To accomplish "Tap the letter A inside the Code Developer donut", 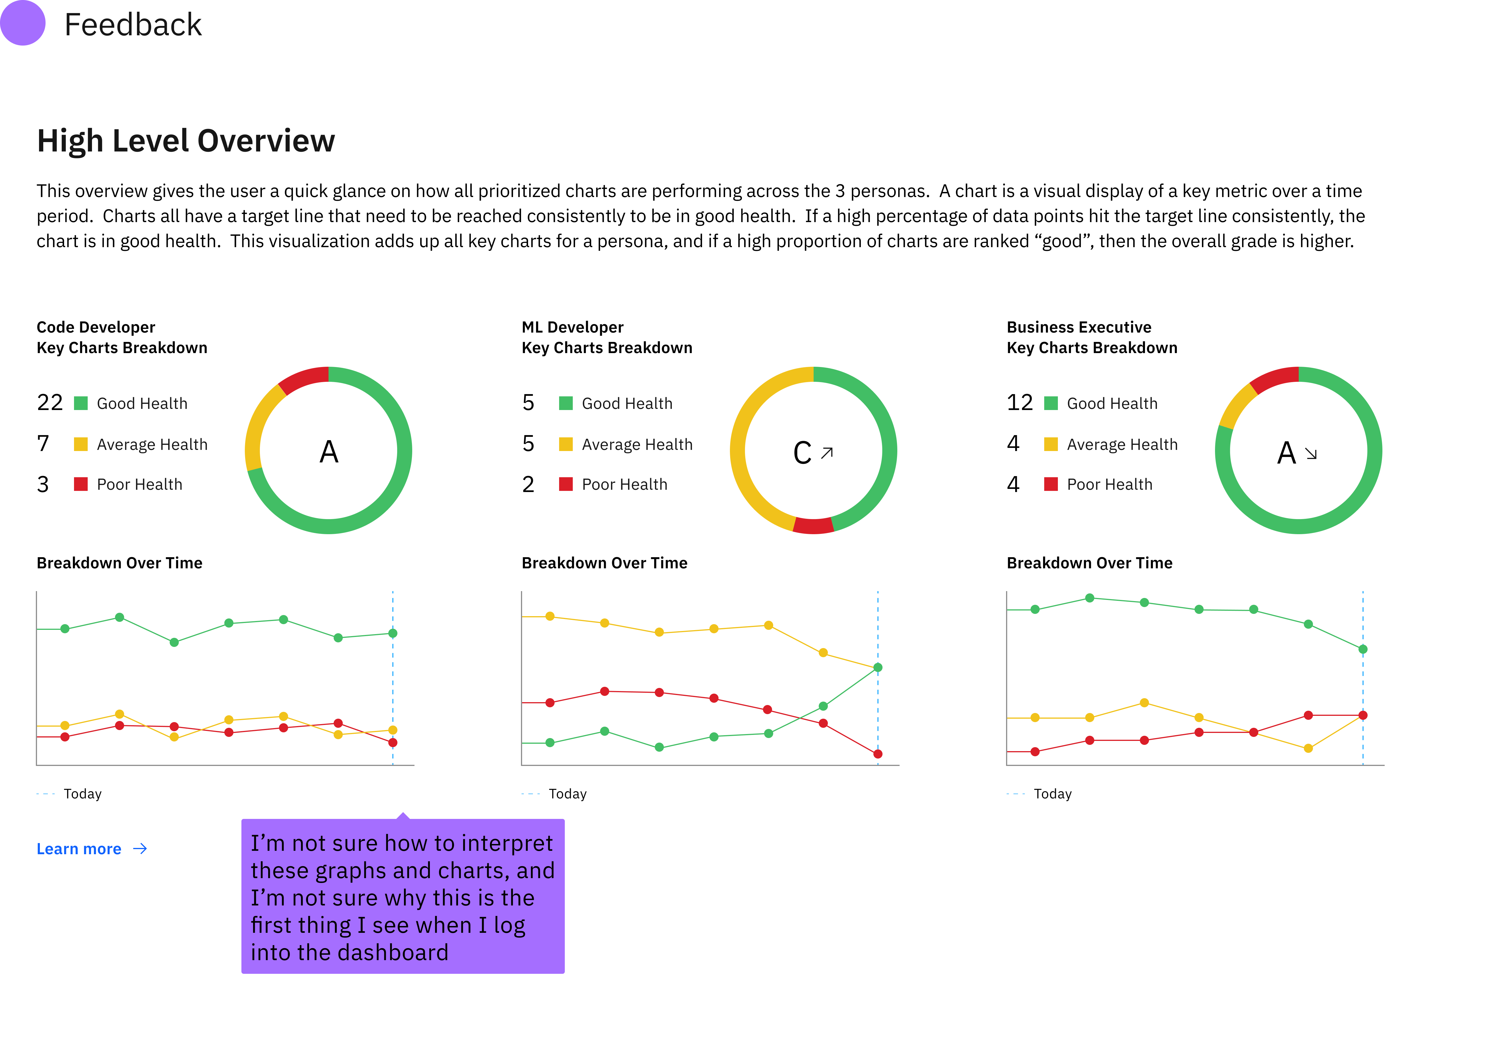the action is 329,452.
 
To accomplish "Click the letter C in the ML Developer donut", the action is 802,453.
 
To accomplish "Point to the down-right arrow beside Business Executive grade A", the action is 1311,454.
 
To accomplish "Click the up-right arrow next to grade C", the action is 827,453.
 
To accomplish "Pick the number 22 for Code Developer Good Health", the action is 50,403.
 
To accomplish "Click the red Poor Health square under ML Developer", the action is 565,484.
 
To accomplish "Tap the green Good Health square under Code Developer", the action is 81,403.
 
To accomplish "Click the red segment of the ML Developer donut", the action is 813,526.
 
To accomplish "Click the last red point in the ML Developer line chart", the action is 878,754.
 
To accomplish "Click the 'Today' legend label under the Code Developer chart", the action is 83,794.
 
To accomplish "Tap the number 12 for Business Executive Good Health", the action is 1020,403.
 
